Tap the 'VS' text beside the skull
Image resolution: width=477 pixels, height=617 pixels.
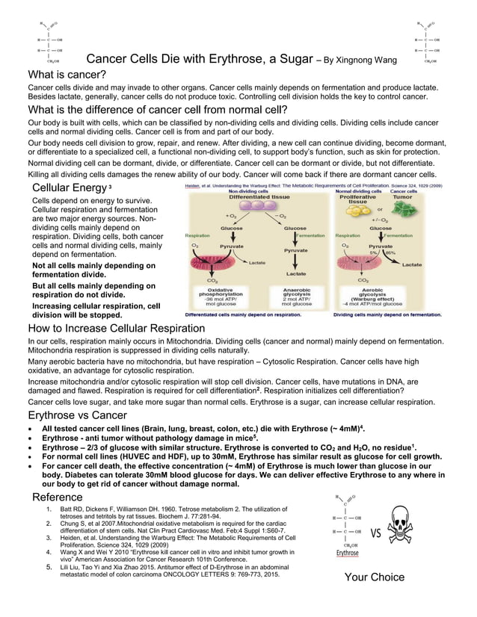tap(375, 533)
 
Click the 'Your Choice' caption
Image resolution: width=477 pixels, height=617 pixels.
tap(374, 577)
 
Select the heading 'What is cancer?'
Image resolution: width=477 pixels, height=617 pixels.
tap(67, 75)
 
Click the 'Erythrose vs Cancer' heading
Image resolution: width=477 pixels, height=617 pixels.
tap(77, 415)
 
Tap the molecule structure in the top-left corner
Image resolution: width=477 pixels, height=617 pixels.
tap(50, 43)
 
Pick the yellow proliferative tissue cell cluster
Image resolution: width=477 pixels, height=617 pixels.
tap(357, 211)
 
